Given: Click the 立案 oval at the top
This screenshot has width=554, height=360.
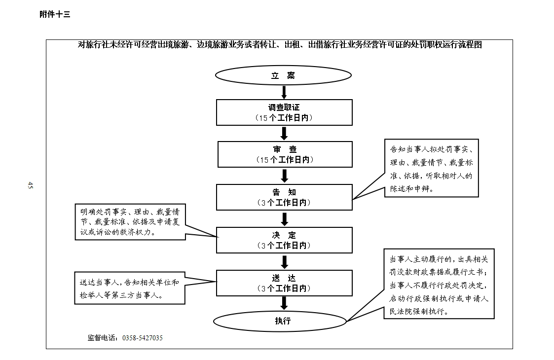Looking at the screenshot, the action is tap(283, 75).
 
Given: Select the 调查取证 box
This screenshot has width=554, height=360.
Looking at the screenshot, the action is tap(285, 112).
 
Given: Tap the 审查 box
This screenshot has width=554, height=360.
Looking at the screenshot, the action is tap(285, 154).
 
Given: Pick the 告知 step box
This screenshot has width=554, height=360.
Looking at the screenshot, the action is tap(285, 197).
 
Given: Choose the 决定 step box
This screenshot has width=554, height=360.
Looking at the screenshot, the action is tap(285, 240).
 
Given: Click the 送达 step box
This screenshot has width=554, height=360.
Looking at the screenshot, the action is tap(285, 283).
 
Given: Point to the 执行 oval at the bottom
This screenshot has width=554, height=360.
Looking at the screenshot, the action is tap(280, 321).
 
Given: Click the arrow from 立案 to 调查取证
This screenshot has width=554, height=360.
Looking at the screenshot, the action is tap(284, 92).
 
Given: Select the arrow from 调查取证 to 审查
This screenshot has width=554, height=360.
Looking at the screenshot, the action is tap(284, 134).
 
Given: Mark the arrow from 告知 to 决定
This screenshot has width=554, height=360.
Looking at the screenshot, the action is tap(285, 219).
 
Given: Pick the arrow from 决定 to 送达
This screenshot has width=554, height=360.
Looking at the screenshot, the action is tap(285, 262).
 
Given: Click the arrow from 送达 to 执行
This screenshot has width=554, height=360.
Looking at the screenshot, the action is tap(284, 304).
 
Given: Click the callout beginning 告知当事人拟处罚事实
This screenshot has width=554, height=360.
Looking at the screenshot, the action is tap(431, 168).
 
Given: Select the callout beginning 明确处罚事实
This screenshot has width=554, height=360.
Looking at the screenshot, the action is tap(130, 222).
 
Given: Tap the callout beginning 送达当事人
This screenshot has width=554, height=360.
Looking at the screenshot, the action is tap(130, 288).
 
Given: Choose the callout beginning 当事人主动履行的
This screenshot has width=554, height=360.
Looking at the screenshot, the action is tap(439, 284).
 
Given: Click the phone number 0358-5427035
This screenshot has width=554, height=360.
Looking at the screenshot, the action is tap(143, 338).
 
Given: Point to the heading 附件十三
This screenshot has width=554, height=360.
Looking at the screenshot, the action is tap(55, 14).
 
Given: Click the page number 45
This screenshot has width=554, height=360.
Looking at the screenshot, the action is tap(30, 185).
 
